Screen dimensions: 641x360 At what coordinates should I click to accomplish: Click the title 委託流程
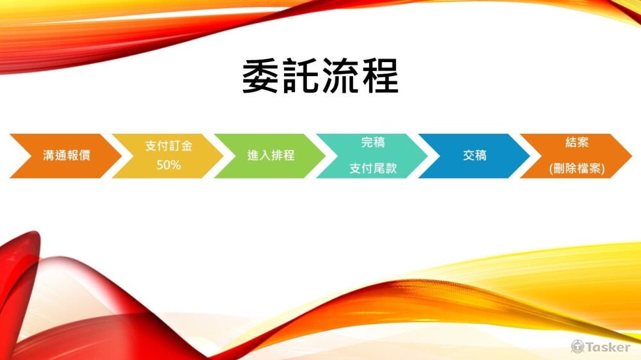coord(320,76)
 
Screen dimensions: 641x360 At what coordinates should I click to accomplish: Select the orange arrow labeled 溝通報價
coord(66,156)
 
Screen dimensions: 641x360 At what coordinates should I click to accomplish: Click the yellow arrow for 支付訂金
coord(168,156)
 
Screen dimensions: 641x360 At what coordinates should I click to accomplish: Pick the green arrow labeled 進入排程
coord(271,156)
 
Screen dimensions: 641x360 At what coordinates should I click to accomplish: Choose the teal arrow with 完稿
coord(372,156)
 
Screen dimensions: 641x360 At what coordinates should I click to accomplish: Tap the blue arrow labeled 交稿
coord(474,156)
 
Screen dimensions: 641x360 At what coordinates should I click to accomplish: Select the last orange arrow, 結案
coord(576,156)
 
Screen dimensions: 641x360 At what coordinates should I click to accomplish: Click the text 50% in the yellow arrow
coord(169,165)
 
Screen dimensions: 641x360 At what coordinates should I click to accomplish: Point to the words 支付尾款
coord(373,168)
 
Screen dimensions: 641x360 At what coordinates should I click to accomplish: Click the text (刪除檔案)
coord(577,168)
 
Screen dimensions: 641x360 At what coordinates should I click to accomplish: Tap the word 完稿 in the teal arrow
coord(373,143)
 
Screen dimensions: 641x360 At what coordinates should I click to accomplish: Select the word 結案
coord(577,142)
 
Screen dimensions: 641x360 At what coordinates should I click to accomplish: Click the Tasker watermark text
coord(608,347)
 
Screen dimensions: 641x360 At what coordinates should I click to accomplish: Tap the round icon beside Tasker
coord(578,347)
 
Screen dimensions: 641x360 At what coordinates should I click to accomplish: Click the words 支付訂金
coord(169,146)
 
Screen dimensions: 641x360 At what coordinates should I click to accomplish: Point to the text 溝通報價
coord(67,156)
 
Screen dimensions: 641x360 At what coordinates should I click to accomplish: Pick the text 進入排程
coord(271,156)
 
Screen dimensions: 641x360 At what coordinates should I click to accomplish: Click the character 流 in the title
coord(340,76)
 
